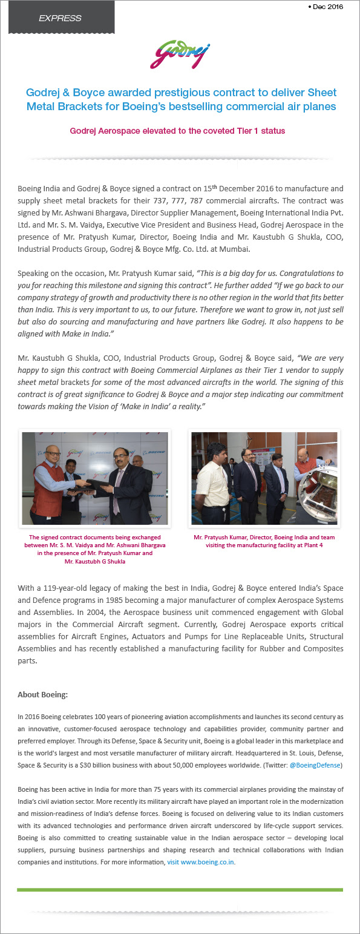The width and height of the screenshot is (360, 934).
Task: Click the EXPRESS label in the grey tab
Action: tap(60, 18)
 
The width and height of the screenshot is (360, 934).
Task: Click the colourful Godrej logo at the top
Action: tap(180, 54)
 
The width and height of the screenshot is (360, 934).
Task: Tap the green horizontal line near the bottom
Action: tap(180, 890)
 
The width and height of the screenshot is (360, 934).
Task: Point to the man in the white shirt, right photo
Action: tap(212, 484)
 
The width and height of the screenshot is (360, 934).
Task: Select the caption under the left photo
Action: tap(95, 549)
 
